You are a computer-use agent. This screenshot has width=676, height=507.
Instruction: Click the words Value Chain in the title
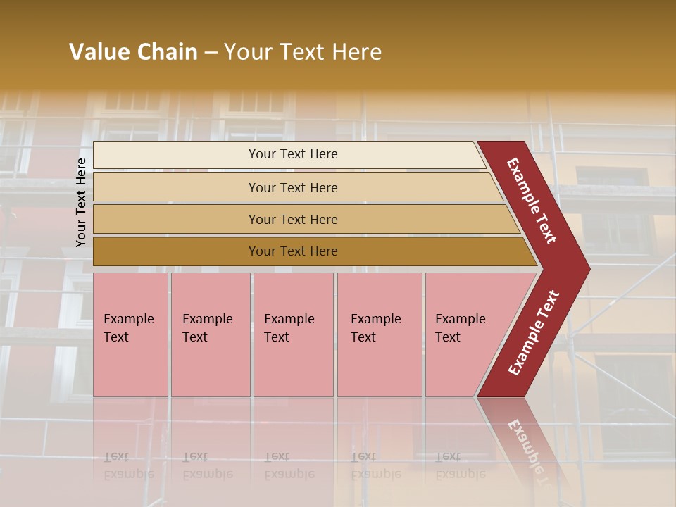tap(133, 52)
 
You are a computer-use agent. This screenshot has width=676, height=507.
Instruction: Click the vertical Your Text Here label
tap(81, 202)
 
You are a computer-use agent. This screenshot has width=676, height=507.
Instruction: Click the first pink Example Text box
tap(130, 334)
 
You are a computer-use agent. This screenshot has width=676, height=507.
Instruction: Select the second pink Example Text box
tap(210, 334)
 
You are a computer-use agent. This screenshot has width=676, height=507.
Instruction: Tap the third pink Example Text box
tap(293, 334)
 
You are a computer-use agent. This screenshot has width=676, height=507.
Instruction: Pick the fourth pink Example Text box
tap(379, 334)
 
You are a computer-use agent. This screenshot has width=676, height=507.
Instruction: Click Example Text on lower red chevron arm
tap(534, 332)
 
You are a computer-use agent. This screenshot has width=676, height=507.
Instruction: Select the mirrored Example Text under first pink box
tap(128, 465)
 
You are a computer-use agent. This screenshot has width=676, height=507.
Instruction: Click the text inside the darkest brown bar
tap(293, 251)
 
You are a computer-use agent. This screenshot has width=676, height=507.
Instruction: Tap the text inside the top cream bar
tap(293, 154)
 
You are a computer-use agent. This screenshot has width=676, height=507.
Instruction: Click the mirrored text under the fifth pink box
tap(460, 465)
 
